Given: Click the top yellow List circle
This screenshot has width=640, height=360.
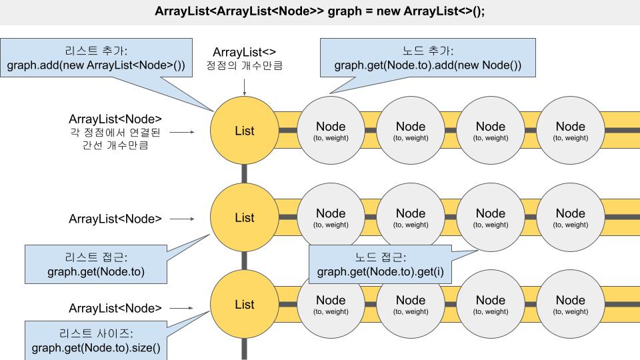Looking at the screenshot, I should (244, 131).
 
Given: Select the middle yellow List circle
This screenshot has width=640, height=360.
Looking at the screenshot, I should (244, 217).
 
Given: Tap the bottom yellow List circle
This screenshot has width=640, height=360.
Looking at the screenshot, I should (244, 304).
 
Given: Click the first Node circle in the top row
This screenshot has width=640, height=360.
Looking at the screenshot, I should (331, 131).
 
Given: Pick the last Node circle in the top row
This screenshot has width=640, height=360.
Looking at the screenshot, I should (571, 131).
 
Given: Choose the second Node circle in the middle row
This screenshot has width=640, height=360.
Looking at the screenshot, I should (411, 217).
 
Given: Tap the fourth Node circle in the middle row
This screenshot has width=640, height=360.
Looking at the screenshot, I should (571, 217).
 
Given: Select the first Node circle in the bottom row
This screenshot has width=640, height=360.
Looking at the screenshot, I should (331, 304).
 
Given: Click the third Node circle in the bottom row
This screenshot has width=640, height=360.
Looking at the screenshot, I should (491, 304).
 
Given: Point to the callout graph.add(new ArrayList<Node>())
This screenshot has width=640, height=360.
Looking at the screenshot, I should (96, 66).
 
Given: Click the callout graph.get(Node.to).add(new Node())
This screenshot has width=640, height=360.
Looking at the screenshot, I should (427, 66).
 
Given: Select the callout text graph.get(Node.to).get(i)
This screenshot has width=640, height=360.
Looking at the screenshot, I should (380, 271).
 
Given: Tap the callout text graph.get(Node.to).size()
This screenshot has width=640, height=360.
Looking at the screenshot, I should (96, 348).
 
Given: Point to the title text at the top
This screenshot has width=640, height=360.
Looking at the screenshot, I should (320, 12).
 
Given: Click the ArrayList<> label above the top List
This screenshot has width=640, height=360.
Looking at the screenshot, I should (244, 52).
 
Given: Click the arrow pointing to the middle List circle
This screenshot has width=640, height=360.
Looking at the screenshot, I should (181, 218).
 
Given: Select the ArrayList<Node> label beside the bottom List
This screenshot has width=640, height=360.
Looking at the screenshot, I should (115, 308).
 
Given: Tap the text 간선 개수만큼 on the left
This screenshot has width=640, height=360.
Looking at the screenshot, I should (115, 144).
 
